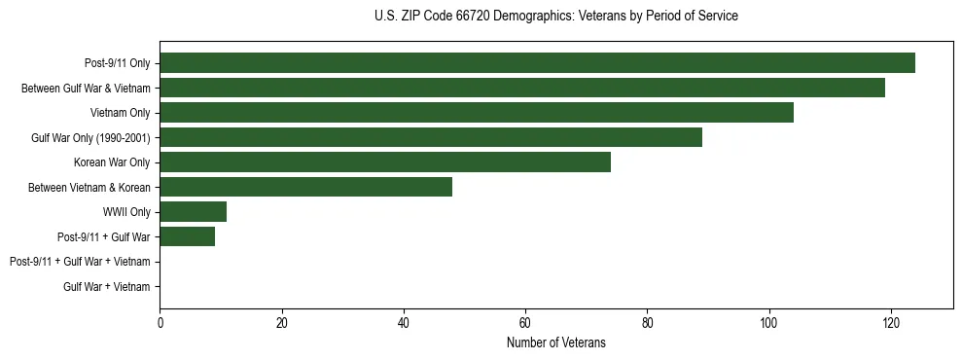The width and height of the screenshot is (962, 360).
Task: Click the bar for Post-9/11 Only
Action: pos(537,63)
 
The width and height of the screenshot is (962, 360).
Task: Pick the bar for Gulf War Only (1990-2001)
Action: pos(431,137)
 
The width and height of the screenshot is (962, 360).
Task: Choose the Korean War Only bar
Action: pos(385,162)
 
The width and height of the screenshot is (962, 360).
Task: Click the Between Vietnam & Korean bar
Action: pos(305,187)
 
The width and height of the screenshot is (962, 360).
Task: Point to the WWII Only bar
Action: pos(193,212)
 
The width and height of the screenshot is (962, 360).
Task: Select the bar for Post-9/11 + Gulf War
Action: pos(187,236)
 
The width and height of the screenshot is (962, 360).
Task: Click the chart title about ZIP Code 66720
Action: pos(555,17)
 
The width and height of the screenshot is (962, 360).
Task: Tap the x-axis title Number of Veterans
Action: pos(555,342)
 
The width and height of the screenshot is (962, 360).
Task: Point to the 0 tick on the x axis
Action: pos(160,323)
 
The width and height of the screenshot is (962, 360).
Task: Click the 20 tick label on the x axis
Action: pos(281,323)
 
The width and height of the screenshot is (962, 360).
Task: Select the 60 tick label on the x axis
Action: pos(525,323)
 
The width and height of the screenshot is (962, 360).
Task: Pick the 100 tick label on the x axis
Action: pos(768,323)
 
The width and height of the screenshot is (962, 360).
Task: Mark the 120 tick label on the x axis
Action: pos(890,323)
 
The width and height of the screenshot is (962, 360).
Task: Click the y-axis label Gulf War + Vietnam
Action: pos(106,287)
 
